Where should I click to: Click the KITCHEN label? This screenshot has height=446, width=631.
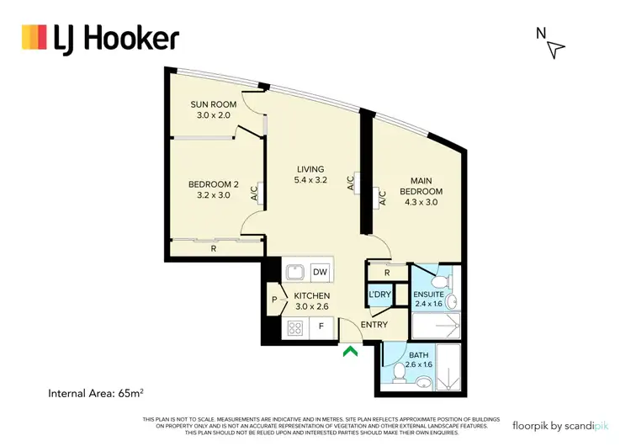pos(311,296)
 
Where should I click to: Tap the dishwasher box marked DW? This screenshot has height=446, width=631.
pos(320,272)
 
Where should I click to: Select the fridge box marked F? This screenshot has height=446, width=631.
pos(322,328)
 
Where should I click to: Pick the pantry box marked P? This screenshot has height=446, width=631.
pos(274,299)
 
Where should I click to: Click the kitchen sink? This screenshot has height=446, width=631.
pos(294,272)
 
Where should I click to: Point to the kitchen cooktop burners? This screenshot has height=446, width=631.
pos(295,328)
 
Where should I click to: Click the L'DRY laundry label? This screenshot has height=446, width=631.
pos(379,294)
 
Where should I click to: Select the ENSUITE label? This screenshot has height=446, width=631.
pos(427,294)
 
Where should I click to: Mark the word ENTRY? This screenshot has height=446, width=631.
pos(373,324)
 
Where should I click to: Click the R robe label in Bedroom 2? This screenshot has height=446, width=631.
pos(214,249)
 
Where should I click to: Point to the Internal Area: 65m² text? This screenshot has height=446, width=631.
pos(101,393)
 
